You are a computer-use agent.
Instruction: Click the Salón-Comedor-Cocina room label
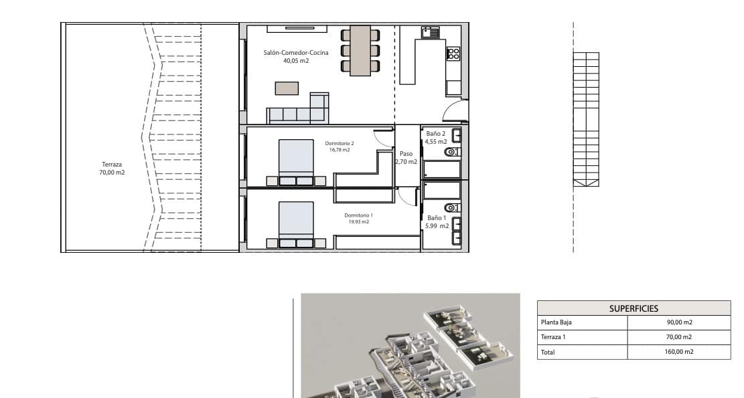(x=295, y=53)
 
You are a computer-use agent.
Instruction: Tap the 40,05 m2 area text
(x=296, y=61)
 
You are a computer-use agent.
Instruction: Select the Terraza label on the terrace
(x=112, y=165)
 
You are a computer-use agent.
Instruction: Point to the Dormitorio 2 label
(x=340, y=143)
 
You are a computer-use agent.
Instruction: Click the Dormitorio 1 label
(x=359, y=215)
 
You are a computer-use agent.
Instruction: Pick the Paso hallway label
(x=406, y=154)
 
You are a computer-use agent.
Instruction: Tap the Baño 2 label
(x=435, y=134)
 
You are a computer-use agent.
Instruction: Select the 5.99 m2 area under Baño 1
(x=437, y=226)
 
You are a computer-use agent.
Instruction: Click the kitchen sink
(x=431, y=33)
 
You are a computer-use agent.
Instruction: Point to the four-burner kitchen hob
(x=453, y=54)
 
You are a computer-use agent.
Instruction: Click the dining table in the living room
(x=360, y=51)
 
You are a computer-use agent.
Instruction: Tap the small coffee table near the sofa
(x=287, y=88)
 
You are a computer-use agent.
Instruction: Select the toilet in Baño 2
(x=452, y=152)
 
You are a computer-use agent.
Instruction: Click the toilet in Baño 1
(x=452, y=207)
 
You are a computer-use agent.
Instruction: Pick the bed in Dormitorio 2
(x=296, y=162)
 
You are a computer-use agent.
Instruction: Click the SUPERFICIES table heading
(x=634, y=308)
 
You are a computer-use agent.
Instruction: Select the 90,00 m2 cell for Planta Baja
(x=679, y=322)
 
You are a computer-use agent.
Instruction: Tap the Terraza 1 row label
(x=553, y=337)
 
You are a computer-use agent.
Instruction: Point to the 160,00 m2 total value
(x=679, y=352)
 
